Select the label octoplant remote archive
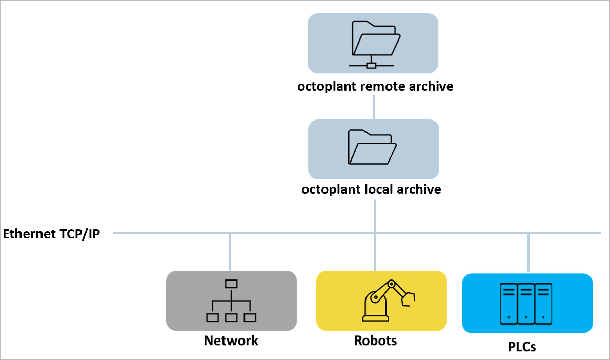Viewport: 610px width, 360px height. (375, 86)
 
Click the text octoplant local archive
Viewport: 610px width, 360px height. (371, 189)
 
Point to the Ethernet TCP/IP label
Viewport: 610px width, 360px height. (51, 234)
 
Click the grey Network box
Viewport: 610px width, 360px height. (232, 301)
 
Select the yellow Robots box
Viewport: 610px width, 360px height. (381, 301)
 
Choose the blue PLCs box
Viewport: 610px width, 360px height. (527, 303)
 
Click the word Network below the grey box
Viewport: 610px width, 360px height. (231, 341)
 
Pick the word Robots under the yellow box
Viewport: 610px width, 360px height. (375, 341)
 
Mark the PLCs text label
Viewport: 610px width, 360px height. (518, 347)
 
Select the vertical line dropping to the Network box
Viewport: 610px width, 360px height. (230, 252)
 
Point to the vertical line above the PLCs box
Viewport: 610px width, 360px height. (528, 253)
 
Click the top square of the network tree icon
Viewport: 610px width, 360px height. (231, 284)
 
